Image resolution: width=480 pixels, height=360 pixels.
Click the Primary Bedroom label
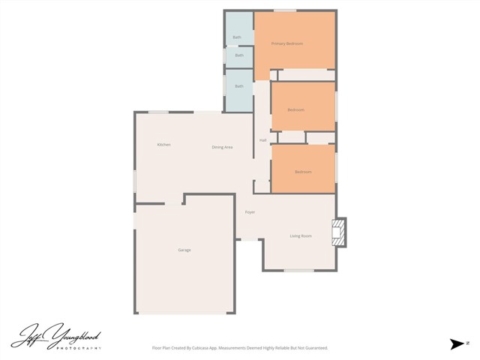[x=287, y=43]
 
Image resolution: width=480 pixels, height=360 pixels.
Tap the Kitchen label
[x=163, y=145]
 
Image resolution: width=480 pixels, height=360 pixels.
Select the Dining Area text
[x=222, y=147]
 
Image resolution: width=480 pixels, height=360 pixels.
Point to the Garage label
[x=184, y=250]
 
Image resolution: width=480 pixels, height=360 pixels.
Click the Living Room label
[x=301, y=236]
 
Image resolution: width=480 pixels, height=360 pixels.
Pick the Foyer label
[x=250, y=212]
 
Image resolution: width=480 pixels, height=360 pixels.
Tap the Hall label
[x=263, y=140]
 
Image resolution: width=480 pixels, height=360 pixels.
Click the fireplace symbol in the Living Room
[x=340, y=232]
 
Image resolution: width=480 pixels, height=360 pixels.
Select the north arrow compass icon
[x=457, y=343]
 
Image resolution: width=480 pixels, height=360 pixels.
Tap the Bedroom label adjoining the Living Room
[x=303, y=172]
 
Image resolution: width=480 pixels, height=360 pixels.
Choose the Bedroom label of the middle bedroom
[x=296, y=110]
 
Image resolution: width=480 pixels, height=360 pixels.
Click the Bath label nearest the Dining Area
[x=239, y=86]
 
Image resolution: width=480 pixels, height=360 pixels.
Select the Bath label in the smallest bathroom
[x=239, y=55]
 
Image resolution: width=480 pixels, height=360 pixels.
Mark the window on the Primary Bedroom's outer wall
[x=284, y=10]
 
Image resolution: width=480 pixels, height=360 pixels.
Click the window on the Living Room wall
[x=298, y=270]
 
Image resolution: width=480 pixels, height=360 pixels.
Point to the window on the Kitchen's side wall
[x=135, y=181]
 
